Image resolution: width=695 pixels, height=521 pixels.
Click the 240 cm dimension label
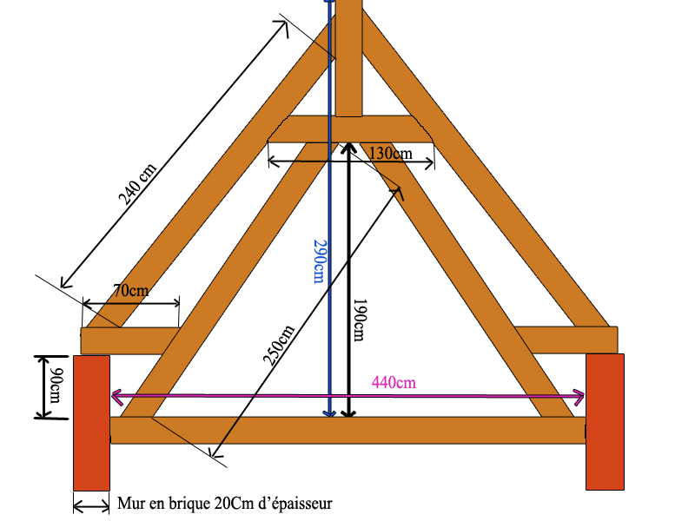click(139, 184)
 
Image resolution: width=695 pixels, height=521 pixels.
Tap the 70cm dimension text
click(130, 290)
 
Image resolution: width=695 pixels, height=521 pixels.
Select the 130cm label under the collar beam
click(391, 153)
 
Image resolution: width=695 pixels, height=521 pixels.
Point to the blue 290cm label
click(318, 260)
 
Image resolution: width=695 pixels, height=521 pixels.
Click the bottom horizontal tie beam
click(347, 430)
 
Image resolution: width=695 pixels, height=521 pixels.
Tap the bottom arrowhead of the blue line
click(328, 413)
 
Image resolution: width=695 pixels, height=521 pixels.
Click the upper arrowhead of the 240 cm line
click(283, 24)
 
